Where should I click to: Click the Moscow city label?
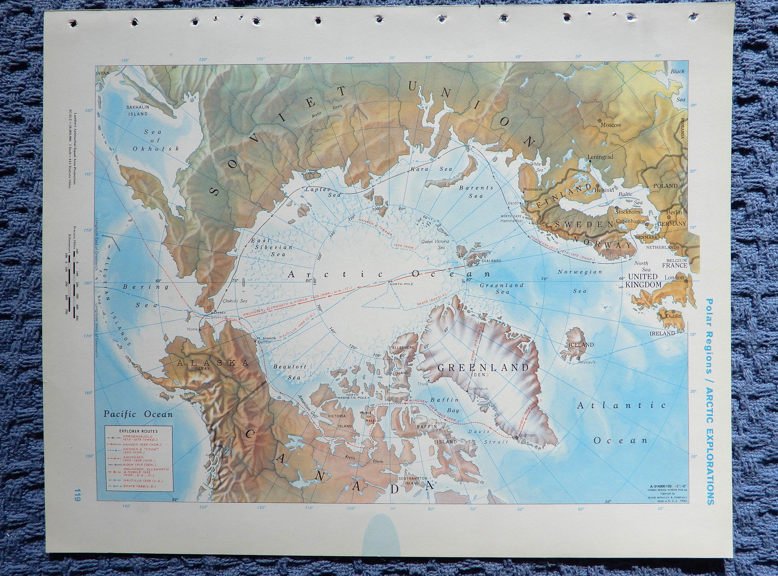tap(610, 125)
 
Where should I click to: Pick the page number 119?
tap(77, 504)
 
